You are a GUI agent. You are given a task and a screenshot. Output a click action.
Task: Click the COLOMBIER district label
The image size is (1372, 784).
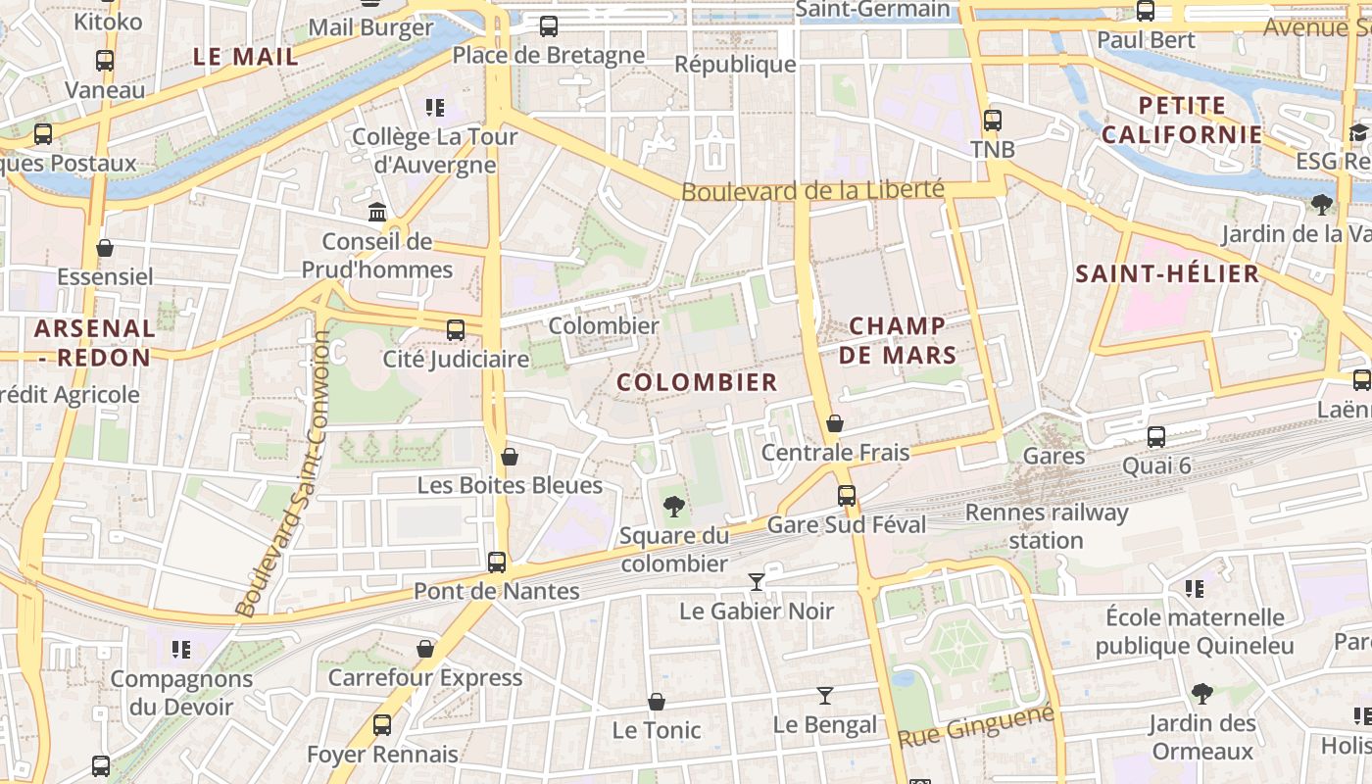pos(697,382)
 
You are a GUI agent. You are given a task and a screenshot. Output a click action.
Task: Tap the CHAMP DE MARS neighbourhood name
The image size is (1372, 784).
pos(897,340)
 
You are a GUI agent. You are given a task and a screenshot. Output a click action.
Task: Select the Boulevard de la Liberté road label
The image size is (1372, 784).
pos(811,190)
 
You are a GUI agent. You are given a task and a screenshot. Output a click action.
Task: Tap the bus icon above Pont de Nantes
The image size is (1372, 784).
pos(497,563)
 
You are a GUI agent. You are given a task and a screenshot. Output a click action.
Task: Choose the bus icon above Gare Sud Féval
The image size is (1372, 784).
pos(847,496)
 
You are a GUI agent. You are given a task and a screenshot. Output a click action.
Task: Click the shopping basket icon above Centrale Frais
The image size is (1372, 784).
pos(835,423)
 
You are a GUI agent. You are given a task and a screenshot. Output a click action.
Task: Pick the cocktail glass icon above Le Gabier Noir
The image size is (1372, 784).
pos(756,582)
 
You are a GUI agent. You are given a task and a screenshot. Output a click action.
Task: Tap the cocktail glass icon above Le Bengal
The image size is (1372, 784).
pos(825,696)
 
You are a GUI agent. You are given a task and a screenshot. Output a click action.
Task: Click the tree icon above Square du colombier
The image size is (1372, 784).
pos(673,507)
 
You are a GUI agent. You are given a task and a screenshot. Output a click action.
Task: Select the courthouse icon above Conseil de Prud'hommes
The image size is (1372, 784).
pos(376,212)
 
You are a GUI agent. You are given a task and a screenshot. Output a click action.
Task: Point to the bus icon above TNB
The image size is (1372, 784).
pos(993,121)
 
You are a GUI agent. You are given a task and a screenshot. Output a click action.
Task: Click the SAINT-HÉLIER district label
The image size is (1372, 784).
pos(1167,274)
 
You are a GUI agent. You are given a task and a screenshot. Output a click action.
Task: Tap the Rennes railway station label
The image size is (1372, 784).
pos(1047,526)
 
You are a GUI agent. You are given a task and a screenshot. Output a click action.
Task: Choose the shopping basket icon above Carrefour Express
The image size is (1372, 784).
pos(425,649)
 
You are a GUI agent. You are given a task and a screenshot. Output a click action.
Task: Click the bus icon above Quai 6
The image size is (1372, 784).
pos(1156,437)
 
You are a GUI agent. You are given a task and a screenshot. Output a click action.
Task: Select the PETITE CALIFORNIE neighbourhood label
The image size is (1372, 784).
pos(1183,121)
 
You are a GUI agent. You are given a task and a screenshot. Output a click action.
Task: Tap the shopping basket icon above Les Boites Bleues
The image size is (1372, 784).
pos(510,457)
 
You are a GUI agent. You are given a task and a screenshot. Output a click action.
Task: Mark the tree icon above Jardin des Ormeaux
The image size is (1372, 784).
pos(1202,694)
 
